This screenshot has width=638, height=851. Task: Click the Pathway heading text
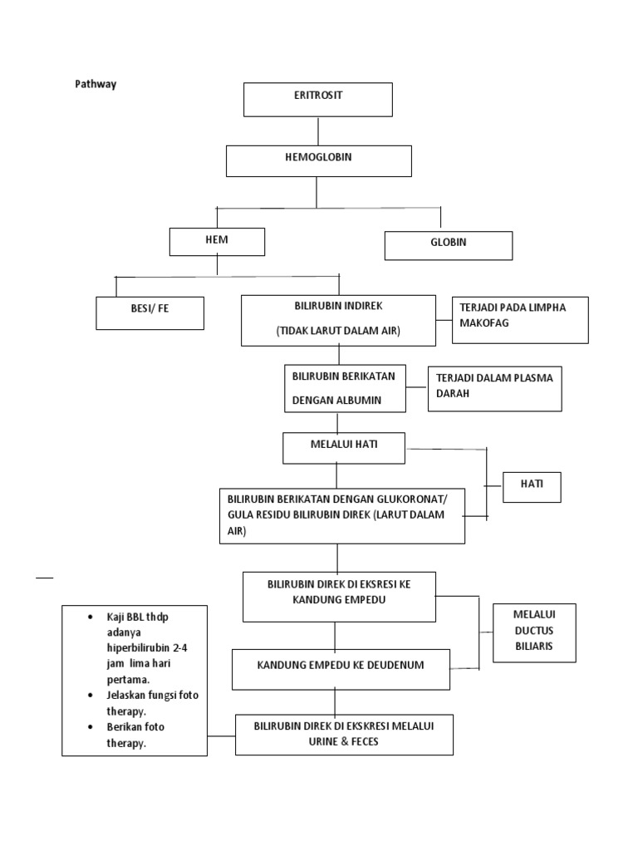(x=96, y=84)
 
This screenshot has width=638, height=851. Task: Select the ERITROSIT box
(x=317, y=99)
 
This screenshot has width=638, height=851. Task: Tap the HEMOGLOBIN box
(x=318, y=160)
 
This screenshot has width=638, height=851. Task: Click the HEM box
(x=217, y=241)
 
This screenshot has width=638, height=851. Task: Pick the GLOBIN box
(x=448, y=245)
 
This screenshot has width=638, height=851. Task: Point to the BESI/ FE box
(x=150, y=313)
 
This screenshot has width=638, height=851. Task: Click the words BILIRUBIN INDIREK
(x=338, y=307)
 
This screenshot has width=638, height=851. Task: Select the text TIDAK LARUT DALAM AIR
(x=338, y=331)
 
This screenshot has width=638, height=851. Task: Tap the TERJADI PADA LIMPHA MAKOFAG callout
(x=518, y=319)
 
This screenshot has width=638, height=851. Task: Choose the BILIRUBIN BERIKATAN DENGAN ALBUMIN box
(x=345, y=388)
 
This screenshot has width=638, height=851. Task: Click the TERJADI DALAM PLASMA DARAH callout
(x=494, y=388)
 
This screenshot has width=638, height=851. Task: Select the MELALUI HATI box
(x=344, y=446)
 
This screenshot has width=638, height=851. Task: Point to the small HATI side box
(x=532, y=487)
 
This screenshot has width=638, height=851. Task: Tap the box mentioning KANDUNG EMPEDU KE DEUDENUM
(x=341, y=669)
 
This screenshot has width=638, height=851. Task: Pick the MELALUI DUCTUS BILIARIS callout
(x=533, y=632)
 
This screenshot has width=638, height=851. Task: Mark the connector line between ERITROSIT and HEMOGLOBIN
(x=318, y=130)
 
